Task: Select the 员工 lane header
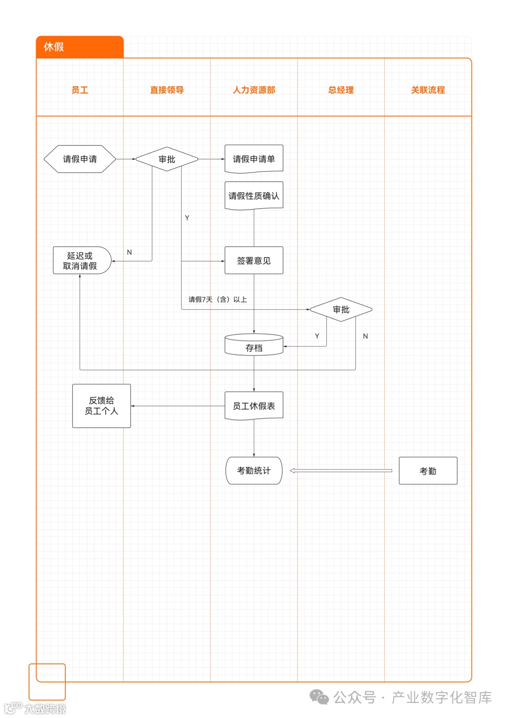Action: coord(79,90)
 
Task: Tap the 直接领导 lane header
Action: coord(167,90)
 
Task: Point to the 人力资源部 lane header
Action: coord(254,90)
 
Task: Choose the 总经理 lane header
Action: coord(341,90)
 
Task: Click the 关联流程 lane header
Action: coord(428,90)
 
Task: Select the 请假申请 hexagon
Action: coord(79,159)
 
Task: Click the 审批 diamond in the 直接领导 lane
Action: coord(167,159)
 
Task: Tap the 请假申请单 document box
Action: coord(254,159)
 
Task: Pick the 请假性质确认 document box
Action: coord(254,196)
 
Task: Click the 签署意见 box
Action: coord(254,260)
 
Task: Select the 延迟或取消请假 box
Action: coord(81,260)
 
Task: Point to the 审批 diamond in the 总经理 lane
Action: coord(341,309)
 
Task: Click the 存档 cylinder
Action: coord(254,345)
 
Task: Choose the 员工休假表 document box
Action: coord(254,406)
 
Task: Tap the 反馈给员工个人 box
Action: coord(101,406)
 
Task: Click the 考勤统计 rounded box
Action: coord(254,470)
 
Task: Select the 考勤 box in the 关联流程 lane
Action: coord(428,471)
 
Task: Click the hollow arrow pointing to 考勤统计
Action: coord(341,470)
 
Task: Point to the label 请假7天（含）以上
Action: coord(217,300)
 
